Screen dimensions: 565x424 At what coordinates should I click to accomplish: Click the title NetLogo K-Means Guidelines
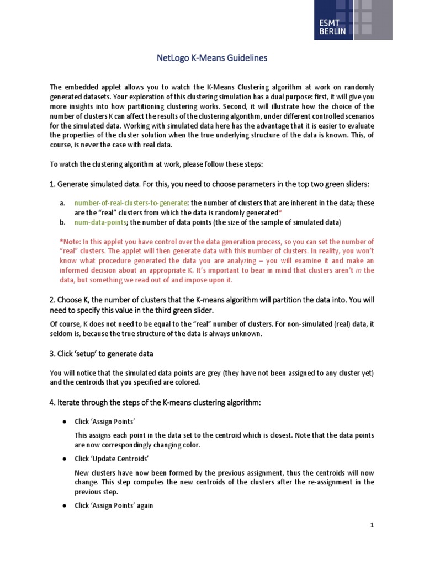(x=211, y=58)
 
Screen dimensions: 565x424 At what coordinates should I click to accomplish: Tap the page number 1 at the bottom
(x=373, y=526)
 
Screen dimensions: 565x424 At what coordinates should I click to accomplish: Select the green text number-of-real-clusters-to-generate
(x=131, y=203)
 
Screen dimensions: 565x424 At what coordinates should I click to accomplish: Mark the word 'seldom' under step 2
(x=61, y=334)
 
